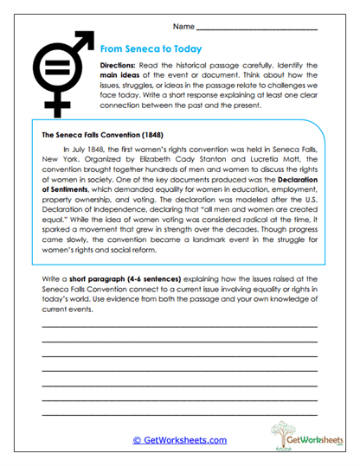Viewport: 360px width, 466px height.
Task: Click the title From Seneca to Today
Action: [151, 49]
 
